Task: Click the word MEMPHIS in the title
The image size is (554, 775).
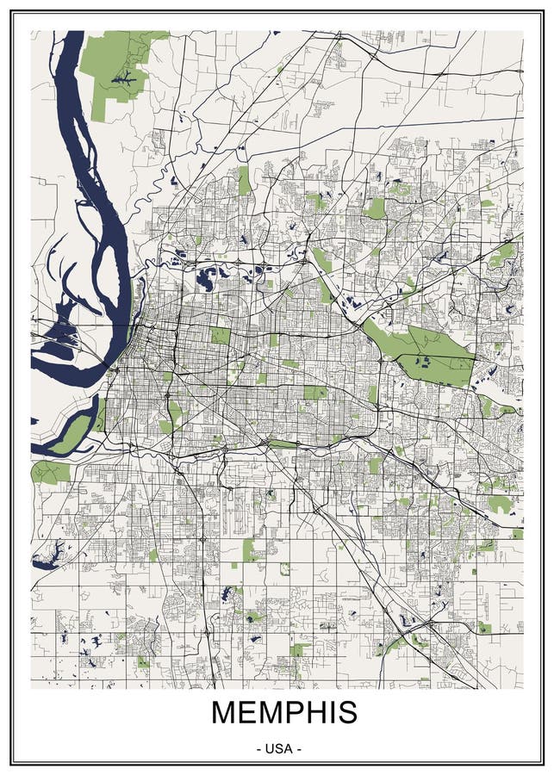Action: click(x=283, y=713)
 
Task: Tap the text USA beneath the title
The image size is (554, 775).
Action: click(x=278, y=748)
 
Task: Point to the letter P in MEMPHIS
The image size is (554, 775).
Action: click(x=294, y=713)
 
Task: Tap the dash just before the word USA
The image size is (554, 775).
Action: click(x=259, y=748)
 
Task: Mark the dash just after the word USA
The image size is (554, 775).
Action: click(x=298, y=748)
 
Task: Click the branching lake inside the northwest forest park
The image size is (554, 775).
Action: click(x=125, y=80)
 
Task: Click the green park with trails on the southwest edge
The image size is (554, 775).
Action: click(x=50, y=472)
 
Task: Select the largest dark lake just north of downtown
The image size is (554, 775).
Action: click(x=208, y=278)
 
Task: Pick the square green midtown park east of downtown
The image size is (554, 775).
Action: click(x=221, y=335)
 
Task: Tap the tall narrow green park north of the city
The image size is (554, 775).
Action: click(x=244, y=180)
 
